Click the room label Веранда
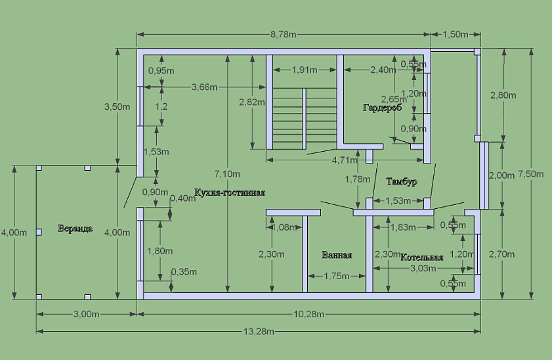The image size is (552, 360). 75,229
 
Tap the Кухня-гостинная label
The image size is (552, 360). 230,192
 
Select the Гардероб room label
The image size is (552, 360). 382,107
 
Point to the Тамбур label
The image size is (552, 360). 401,181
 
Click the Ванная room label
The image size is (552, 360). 337,256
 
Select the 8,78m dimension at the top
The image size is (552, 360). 284,34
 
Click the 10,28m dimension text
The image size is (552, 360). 310,315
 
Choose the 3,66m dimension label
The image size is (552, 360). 204,87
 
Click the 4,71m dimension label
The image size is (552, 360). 345,160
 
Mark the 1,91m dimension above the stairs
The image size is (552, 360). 305,69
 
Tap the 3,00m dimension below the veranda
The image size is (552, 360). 86,315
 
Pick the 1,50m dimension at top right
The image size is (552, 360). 456,34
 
